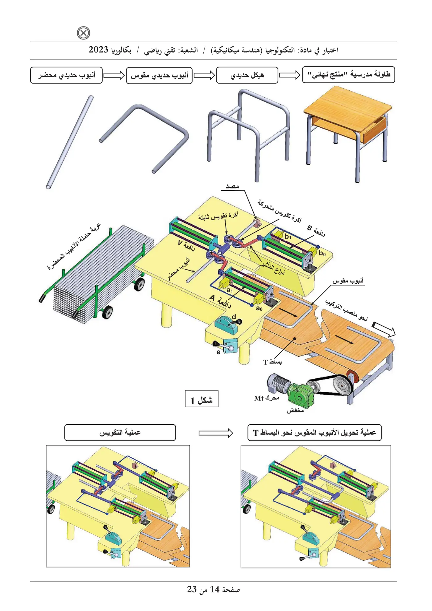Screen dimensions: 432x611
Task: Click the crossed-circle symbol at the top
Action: pyautogui.click(x=83, y=33)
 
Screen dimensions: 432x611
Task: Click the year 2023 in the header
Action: pyautogui.click(x=98, y=50)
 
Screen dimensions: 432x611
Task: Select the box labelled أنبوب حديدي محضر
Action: pyautogui.click(x=66, y=75)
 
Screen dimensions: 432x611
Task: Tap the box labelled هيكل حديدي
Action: pyautogui.click(x=247, y=75)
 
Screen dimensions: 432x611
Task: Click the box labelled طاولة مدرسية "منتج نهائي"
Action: pyautogui.click(x=348, y=75)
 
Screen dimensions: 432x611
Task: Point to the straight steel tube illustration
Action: pyautogui.click(x=69, y=142)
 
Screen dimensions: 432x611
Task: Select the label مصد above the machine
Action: pyautogui.click(x=232, y=186)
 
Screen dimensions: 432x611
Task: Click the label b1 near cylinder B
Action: pyautogui.click(x=288, y=237)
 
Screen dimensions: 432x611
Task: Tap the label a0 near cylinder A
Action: pyautogui.click(x=259, y=308)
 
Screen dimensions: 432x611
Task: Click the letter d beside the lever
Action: pyautogui.click(x=234, y=316)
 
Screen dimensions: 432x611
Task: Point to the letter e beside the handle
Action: pyautogui.click(x=218, y=352)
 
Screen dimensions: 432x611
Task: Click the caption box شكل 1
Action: pyautogui.click(x=201, y=399)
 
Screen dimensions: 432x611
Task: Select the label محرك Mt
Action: pyautogui.click(x=267, y=398)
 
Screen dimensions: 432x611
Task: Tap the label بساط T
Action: pyautogui.click(x=272, y=362)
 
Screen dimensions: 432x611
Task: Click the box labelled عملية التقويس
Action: pyautogui.click(x=120, y=432)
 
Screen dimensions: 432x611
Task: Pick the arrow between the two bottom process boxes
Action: pyautogui.click(x=216, y=433)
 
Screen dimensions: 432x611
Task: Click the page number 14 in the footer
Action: pyautogui.click(x=214, y=589)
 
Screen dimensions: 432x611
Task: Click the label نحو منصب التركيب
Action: pyautogui.click(x=347, y=310)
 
